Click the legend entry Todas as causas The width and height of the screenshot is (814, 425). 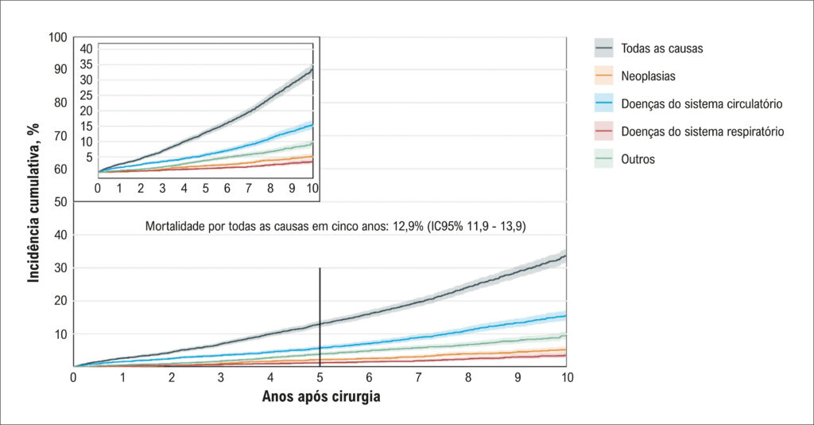(662, 49)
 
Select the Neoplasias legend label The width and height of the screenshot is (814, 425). (649, 76)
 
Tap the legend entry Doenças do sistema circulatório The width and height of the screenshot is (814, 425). (702, 104)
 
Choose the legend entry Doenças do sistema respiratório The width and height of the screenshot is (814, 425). (703, 131)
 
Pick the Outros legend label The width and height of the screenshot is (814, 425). (638, 159)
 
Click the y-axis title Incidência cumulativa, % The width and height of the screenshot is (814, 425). (33, 203)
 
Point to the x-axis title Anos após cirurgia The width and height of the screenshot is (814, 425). (321, 396)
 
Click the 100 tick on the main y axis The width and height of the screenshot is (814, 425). (57, 37)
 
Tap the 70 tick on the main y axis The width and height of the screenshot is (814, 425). (60, 136)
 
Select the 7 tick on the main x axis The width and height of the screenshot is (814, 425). (418, 378)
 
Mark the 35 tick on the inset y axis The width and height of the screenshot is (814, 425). (86, 64)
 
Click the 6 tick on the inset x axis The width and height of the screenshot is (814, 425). (227, 188)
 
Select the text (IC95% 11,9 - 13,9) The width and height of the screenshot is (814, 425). (476, 227)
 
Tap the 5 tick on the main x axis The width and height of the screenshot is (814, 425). (320, 378)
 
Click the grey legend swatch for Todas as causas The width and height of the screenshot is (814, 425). (604, 49)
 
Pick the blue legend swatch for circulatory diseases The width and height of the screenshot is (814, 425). (604, 103)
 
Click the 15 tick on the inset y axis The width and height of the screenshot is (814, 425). (86, 127)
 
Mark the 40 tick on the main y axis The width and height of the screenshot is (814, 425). (60, 235)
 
